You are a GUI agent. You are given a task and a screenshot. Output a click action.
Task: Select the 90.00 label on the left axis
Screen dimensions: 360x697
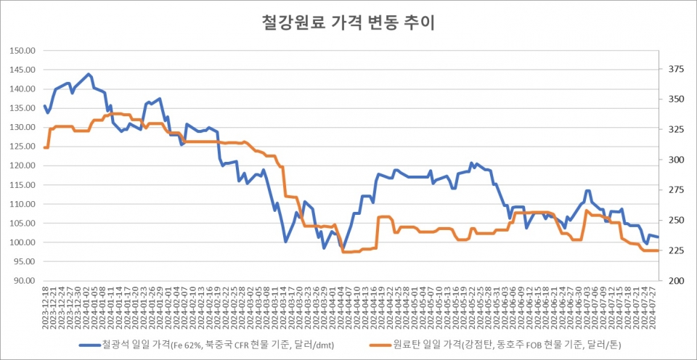pos(25,281)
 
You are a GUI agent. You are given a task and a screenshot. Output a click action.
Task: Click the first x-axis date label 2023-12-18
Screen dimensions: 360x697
pos(46,306)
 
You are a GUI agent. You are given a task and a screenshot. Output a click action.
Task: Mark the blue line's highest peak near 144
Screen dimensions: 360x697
pos(89,74)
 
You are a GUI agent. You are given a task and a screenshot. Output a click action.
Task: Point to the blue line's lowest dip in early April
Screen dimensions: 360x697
pos(343,248)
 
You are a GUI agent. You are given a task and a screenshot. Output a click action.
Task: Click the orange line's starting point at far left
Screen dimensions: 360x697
pos(44,147)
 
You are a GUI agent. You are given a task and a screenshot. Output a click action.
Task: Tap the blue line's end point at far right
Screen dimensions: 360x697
pos(658,237)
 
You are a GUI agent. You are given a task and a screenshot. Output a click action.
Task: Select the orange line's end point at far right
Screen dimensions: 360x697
pos(658,250)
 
